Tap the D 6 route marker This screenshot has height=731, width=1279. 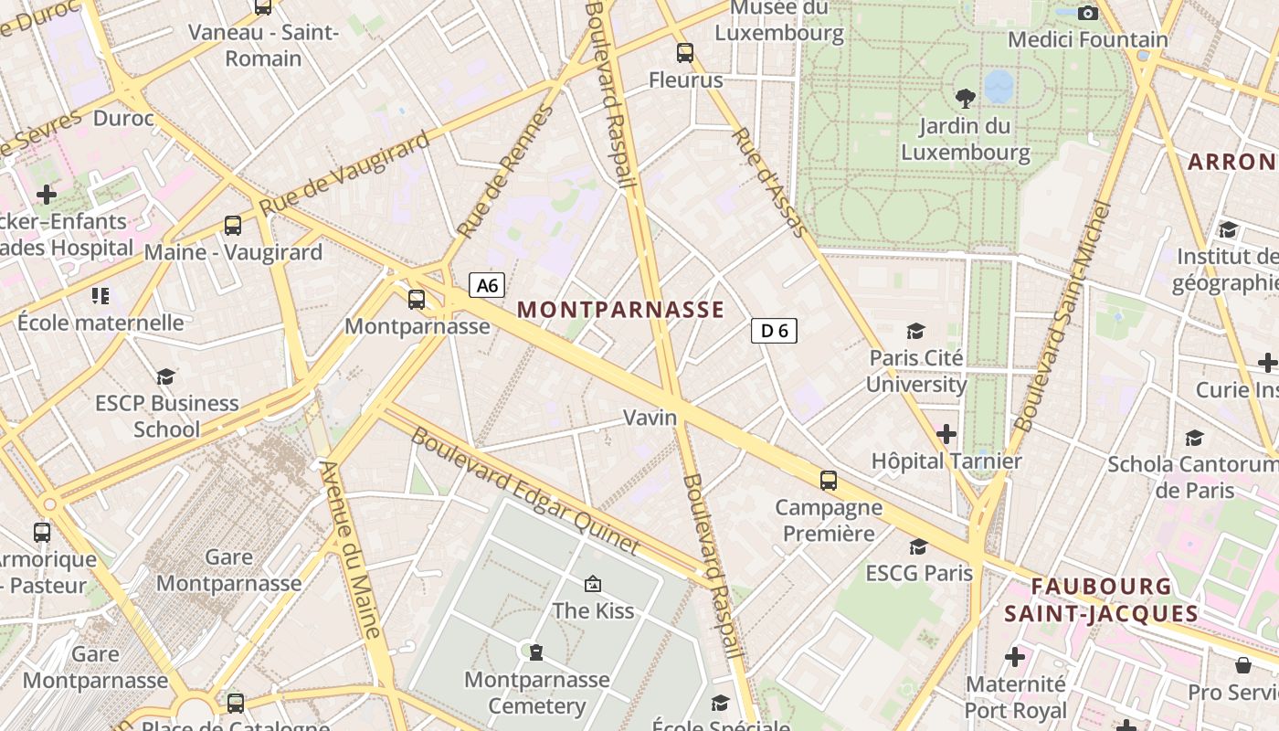coord(774,331)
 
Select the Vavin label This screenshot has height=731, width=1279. coord(650,418)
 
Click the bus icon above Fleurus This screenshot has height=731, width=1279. coord(685,53)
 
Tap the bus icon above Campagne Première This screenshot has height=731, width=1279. coord(829,481)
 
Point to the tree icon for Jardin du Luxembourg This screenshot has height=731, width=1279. coord(965,98)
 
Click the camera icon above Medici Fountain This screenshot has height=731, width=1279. coord(1087,13)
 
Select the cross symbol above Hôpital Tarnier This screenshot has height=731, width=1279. coord(946,433)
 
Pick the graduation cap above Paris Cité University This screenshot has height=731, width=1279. coord(915,331)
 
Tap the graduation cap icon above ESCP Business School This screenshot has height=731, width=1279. coord(165,376)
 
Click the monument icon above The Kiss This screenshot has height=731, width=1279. coord(593,583)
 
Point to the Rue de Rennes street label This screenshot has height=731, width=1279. coord(505,171)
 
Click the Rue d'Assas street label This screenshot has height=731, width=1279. coord(772,182)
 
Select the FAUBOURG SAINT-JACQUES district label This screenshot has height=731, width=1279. coord(1101,599)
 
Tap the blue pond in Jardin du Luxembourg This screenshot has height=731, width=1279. coord(999,86)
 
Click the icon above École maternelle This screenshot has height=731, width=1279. coord(100,295)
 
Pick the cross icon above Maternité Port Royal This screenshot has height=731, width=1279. coord(1015,656)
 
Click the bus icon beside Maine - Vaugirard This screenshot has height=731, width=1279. coord(233,225)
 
